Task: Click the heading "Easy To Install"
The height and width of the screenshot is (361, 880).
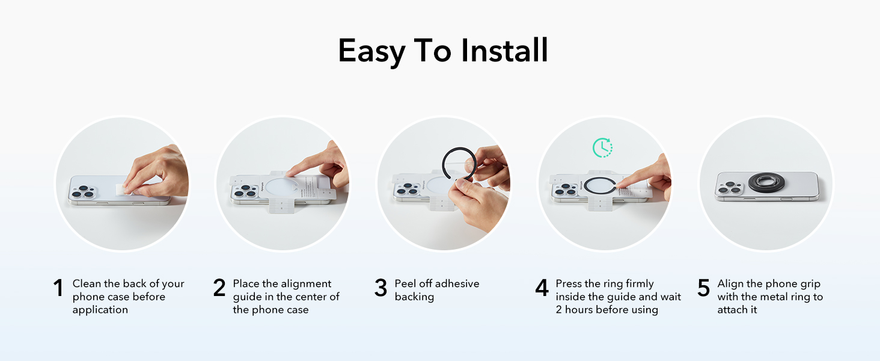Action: (443, 51)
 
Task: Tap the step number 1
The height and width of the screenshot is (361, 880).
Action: (58, 288)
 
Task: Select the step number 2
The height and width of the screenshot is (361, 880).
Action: (219, 288)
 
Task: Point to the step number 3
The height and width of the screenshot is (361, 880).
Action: (380, 288)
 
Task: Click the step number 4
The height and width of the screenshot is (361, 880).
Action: (542, 288)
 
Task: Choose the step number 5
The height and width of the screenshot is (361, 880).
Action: (703, 288)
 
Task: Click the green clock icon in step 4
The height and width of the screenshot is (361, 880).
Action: (602, 147)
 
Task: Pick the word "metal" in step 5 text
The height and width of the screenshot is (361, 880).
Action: (781, 297)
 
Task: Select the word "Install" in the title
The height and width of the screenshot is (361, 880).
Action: (504, 51)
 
